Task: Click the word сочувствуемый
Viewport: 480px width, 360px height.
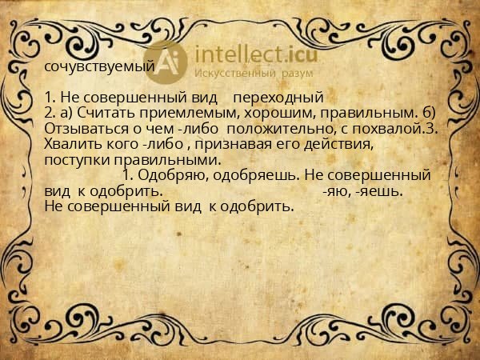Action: (x=99, y=67)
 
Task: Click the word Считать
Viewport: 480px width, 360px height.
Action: (x=103, y=114)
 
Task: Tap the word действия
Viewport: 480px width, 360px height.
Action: (x=340, y=144)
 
